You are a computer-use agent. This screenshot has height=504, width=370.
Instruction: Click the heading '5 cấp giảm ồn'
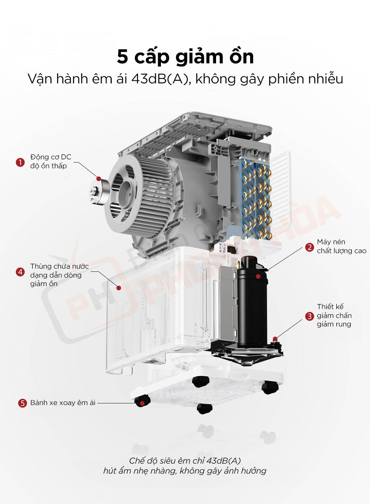click(185, 57)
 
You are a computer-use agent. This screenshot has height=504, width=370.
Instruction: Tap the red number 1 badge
click(20, 162)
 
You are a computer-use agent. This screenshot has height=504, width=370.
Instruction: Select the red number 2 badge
click(309, 247)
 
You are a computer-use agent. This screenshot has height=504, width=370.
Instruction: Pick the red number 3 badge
click(309, 316)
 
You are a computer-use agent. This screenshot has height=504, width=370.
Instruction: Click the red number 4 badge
click(20, 272)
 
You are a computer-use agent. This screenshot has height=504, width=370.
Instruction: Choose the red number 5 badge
click(22, 403)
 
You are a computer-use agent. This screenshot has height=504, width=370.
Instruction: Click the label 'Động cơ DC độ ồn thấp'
click(50, 162)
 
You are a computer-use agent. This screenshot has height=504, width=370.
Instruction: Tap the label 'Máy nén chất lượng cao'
click(341, 246)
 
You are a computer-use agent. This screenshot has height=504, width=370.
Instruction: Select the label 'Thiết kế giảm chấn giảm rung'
click(334, 315)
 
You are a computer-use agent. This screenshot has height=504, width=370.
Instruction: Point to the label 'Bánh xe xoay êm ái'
click(63, 403)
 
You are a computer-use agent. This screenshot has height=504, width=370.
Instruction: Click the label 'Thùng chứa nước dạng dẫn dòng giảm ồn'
click(59, 275)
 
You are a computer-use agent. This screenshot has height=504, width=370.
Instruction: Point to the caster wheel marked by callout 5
click(142, 401)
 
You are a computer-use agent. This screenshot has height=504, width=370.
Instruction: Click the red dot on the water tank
click(119, 288)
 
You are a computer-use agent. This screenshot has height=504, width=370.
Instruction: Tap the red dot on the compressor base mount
click(275, 338)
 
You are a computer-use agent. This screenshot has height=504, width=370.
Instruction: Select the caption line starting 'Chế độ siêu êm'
click(185, 461)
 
